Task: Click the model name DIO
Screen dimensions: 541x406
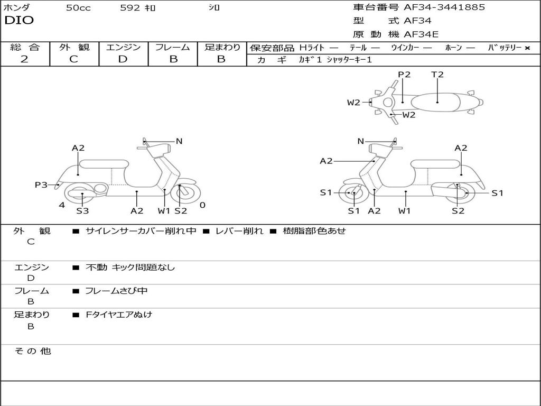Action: click(19, 21)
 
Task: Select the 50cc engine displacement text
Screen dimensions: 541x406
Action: click(78, 8)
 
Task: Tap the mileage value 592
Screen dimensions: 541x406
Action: click(129, 8)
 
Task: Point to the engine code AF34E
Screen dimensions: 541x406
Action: click(421, 35)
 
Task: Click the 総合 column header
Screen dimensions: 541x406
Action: click(25, 47)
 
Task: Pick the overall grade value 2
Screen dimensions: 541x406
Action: click(24, 59)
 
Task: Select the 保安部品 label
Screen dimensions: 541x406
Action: click(272, 48)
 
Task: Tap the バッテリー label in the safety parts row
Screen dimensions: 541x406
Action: click(505, 48)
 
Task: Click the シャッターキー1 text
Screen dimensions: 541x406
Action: click(349, 60)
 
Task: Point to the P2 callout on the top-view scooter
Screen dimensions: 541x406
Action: click(404, 75)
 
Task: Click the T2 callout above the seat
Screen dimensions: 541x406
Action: click(437, 75)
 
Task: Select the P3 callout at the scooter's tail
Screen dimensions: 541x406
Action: click(41, 184)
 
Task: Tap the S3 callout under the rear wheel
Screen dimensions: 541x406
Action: click(82, 211)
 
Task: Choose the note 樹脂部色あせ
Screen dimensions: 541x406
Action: click(314, 231)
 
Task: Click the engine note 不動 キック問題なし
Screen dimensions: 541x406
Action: click(130, 267)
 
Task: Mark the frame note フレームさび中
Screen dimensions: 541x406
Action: click(116, 291)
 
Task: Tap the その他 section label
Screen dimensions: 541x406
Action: click(32, 351)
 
